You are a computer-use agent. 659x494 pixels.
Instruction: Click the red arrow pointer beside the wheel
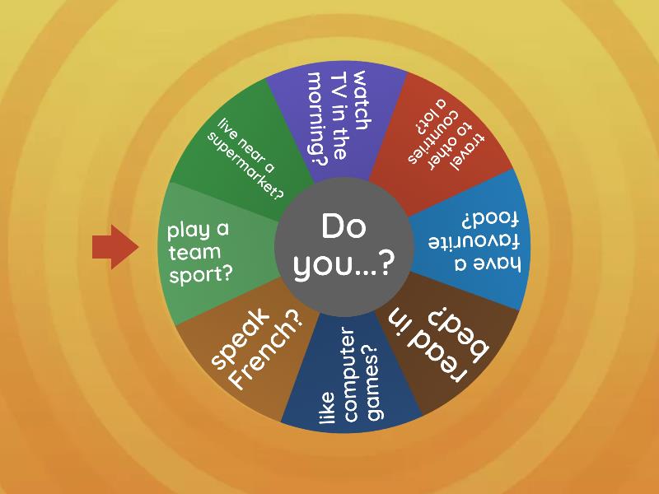(x=115, y=247)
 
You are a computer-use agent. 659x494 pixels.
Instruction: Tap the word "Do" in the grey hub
(x=344, y=226)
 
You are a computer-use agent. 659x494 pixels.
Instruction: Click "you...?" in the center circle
(x=344, y=265)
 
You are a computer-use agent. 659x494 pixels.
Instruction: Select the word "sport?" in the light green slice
(x=200, y=274)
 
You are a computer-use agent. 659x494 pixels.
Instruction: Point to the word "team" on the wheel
(x=194, y=252)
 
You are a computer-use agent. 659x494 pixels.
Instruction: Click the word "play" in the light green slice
(x=188, y=231)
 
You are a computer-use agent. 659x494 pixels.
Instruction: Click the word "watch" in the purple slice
(x=362, y=100)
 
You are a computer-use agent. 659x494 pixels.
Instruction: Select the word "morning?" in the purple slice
(x=318, y=119)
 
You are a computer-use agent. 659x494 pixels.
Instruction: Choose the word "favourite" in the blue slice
(x=474, y=242)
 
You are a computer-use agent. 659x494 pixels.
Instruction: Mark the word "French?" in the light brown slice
(x=266, y=351)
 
